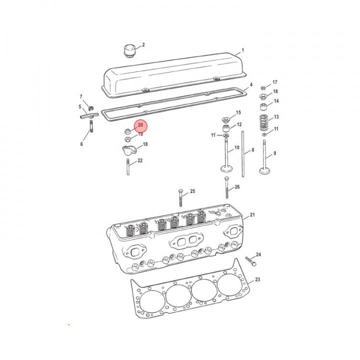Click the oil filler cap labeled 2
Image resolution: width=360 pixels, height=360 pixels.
pos(130,51)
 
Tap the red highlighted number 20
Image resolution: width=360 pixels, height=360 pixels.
pos(140,125)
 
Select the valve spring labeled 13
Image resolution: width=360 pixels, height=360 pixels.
pos(264,122)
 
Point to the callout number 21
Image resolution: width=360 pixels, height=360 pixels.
pos(252,214)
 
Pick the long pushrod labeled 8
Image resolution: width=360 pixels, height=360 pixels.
pos(243,154)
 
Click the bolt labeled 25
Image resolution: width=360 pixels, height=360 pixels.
pos(180,198)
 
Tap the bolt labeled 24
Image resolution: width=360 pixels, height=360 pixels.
pos(250,261)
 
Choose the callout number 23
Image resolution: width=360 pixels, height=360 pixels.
pos(257,279)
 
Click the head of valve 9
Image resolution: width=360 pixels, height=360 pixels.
pos(264,171)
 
